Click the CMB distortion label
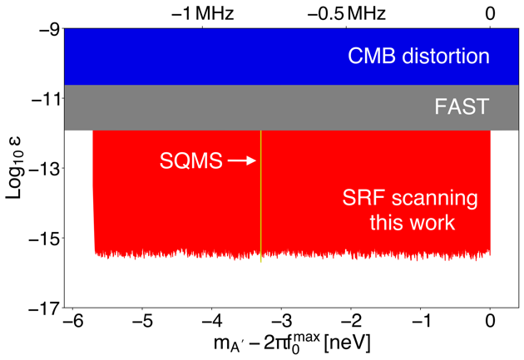click(418, 57)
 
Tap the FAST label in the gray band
click(462, 107)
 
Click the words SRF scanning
click(410, 200)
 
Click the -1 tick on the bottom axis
click(421, 321)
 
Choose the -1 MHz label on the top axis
click(202, 12)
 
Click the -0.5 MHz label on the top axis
click(347, 12)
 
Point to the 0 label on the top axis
click(491, 12)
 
